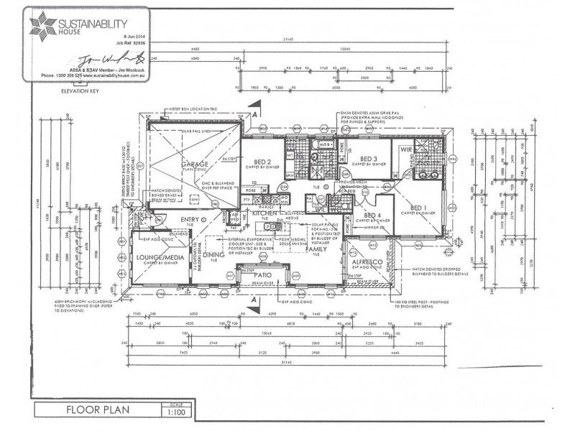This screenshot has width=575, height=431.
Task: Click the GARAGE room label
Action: pos(195,164)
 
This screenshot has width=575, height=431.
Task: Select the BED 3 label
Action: pos(369,158)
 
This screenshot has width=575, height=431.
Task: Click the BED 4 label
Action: pos(372,215)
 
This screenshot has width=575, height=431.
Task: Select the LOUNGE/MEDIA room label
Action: pos(159,256)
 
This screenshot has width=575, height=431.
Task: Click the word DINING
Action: pos(213,254)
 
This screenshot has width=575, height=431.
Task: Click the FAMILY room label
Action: pos(316,249)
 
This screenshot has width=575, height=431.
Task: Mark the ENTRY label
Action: pos(190,219)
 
